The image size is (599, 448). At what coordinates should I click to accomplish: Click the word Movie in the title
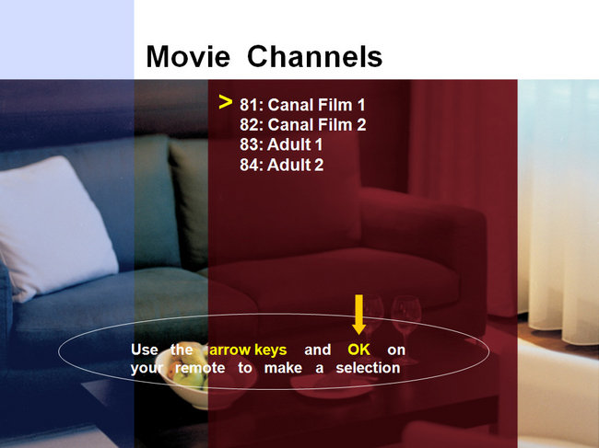(x=188, y=56)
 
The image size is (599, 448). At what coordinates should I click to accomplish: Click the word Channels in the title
(x=315, y=56)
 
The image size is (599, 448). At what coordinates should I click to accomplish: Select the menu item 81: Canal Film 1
(x=302, y=105)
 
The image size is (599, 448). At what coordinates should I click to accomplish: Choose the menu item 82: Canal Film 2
(x=302, y=125)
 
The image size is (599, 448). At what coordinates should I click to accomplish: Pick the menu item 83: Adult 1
(x=281, y=144)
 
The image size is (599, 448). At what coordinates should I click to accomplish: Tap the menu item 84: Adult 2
(x=282, y=165)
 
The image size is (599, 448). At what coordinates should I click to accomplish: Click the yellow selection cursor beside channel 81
(x=226, y=102)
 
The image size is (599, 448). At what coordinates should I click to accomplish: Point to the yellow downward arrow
(x=358, y=315)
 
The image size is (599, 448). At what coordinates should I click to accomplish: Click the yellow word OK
(x=358, y=350)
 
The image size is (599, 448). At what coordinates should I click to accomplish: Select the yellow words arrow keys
(x=248, y=350)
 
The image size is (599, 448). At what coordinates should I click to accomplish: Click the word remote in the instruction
(x=200, y=368)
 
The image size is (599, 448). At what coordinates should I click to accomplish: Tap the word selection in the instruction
(x=368, y=368)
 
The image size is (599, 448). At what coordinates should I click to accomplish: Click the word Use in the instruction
(x=144, y=350)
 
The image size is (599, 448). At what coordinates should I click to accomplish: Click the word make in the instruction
(x=283, y=368)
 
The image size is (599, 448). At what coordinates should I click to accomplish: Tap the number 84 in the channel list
(x=249, y=165)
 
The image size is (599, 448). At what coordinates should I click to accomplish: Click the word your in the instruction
(x=147, y=369)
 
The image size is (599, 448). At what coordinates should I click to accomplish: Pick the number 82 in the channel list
(x=249, y=125)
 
